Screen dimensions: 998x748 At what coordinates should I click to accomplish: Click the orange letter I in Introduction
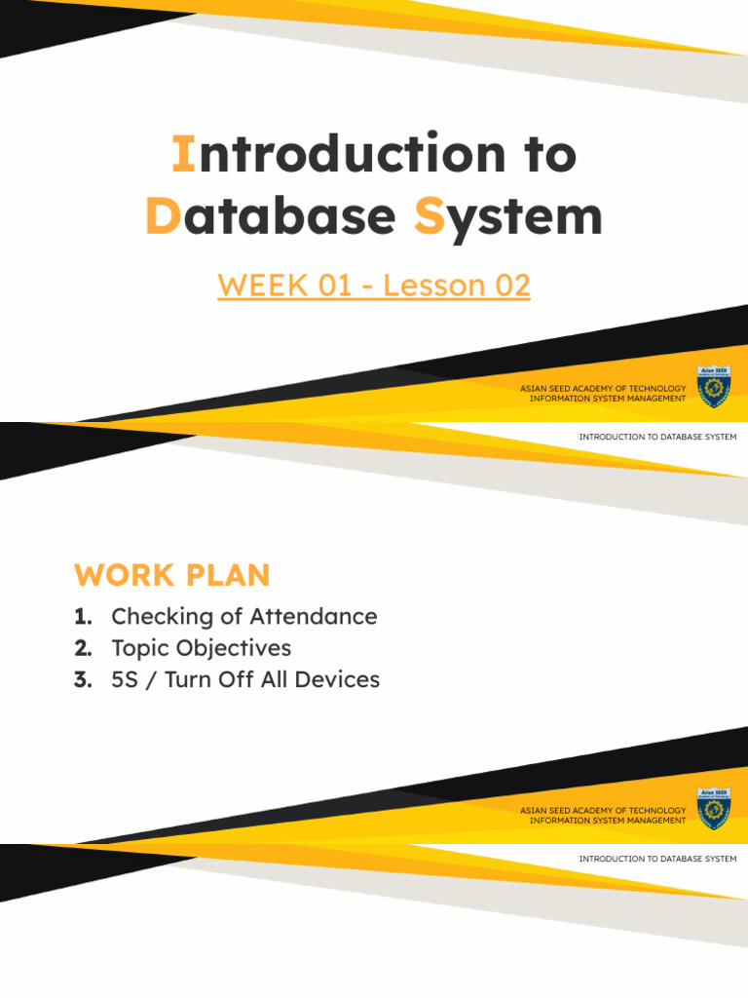point(180,154)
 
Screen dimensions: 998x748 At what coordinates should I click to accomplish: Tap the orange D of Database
point(160,216)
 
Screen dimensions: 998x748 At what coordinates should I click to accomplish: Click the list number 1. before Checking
point(82,617)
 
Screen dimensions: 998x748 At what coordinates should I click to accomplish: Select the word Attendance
point(314,617)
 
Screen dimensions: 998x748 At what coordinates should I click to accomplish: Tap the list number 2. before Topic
point(82,648)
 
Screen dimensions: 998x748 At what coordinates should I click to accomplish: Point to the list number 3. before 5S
point(82,679)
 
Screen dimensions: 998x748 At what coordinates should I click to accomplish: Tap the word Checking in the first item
point(159,617)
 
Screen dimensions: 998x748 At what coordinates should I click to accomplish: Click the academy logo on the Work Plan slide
point(711,808)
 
